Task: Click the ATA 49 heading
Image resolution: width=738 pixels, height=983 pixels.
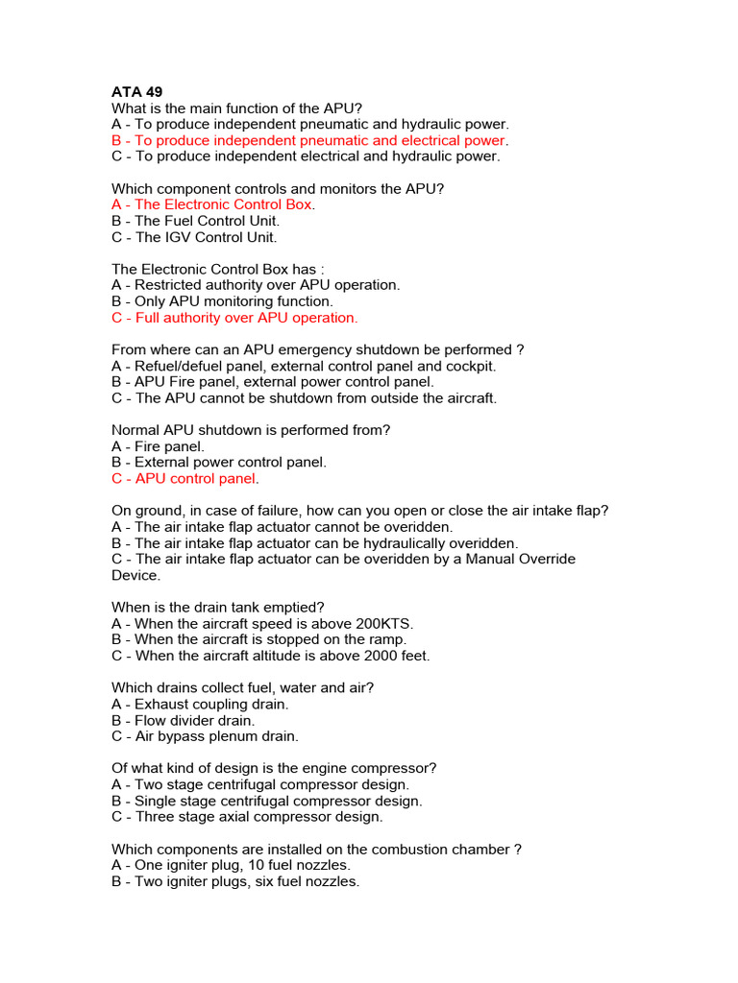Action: tap(137, 92)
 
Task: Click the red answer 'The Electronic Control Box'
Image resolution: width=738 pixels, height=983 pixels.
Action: tap(212, 204)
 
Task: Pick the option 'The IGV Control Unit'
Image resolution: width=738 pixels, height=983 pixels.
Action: tap(194, 237)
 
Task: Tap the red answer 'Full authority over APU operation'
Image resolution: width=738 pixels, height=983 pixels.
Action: tap(234, 318)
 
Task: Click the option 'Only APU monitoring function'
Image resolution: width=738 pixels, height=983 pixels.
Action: tap(222, 301)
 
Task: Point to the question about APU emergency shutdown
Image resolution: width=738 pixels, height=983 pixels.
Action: tap(317, 349)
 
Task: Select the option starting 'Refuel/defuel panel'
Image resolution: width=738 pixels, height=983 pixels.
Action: tap(304, 366)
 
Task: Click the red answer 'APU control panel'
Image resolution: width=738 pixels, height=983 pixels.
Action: tap(184, 478)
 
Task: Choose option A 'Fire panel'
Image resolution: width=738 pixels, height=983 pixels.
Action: tap(158, 446)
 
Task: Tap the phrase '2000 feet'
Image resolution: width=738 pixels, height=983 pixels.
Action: tap(396, 656)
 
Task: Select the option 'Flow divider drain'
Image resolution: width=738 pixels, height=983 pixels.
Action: tap(184, 720)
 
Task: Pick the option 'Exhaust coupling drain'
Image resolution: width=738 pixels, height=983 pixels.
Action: tap(200, 705)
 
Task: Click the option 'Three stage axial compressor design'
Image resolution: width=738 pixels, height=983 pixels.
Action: tap(247, 817)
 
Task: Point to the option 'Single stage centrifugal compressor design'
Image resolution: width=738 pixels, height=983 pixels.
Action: tap(266, 801)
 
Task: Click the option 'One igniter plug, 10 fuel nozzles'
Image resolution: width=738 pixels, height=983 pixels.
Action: tap(232, 865)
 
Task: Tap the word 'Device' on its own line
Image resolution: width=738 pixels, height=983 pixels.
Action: tap(135, 575)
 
